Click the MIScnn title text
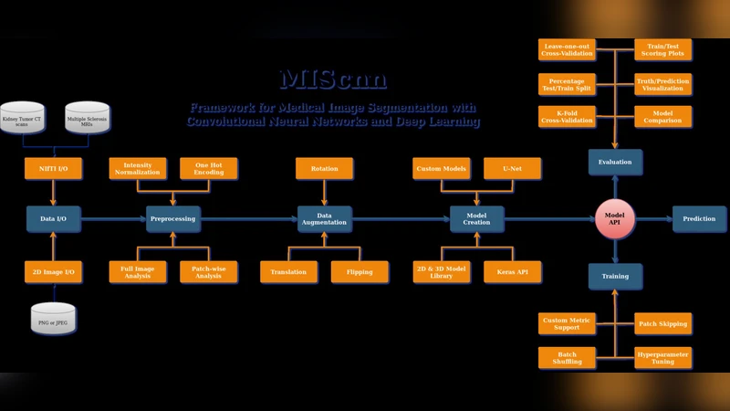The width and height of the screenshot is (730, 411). [x=333, y=79]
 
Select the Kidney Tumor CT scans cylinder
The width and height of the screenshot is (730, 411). [x=22, y=119]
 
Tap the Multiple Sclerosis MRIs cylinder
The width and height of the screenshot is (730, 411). [x=88, y=119]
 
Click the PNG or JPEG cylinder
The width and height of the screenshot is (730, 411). [x=53, y=320]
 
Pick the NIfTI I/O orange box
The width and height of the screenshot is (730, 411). [x=53, y=168]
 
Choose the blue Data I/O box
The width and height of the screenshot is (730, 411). [x=53, y=218]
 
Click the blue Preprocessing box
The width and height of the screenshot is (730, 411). [x=173, y=218]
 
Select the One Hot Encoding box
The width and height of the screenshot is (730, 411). [x=208, y=168]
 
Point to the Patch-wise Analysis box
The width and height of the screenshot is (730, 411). [x=208, y=272]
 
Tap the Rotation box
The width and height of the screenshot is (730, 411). [x=324, y=168]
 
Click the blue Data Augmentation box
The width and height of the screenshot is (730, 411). [x=324, y=218]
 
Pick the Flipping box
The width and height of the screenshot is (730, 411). [x=360, y=272]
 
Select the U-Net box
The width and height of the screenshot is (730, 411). [x=512, y=168]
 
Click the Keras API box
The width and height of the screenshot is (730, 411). [x=512, y=272]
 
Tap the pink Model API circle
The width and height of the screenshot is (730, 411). [x=614, y=218]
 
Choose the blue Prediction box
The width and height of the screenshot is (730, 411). [x=699, y=218]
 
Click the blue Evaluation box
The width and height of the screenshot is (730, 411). [x=614, y=162]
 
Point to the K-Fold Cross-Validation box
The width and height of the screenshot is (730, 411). [x=567, y=117]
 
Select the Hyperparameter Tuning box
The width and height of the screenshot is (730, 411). [x=662, y=357]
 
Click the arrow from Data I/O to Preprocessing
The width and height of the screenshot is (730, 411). [x=113, y=218]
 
